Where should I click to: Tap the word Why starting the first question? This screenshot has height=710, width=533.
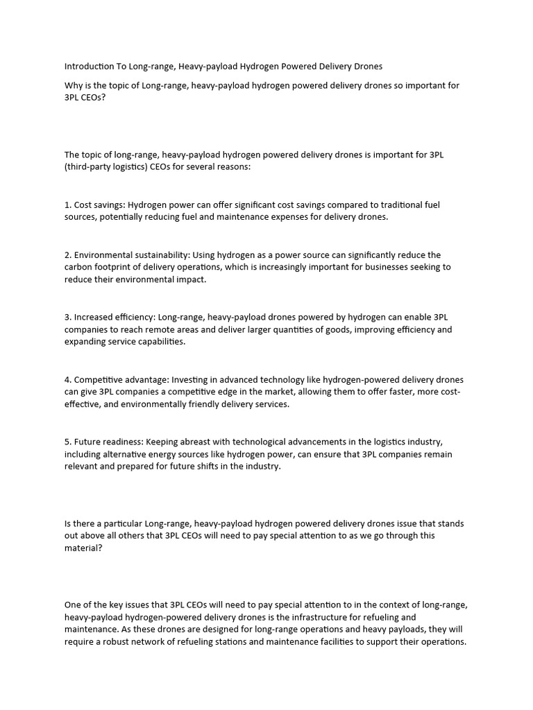pos(74,85)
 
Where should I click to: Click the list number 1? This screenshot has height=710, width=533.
pos(67,205)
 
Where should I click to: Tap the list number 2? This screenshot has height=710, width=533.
pos(67,254)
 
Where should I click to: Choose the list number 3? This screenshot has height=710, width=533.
pos(67,317)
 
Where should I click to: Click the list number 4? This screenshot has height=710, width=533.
pos(67,379)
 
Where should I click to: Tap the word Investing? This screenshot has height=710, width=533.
pos(192,379)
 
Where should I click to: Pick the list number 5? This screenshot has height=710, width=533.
pos(67,442)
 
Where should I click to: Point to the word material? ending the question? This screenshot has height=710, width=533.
pos(85,548)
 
